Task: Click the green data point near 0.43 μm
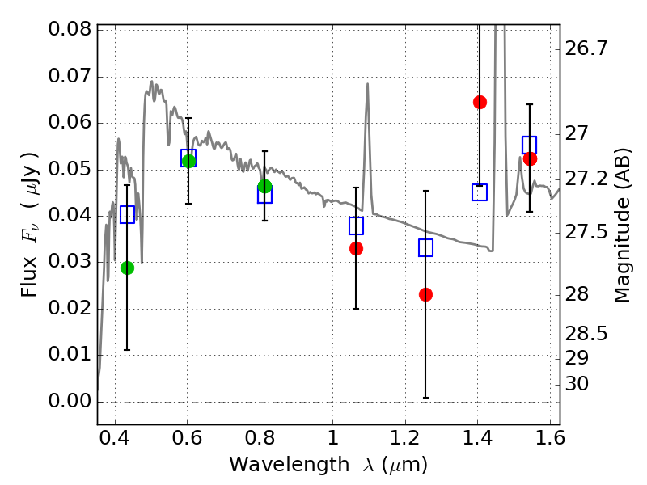click(128, 268)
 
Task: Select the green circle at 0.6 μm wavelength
click(188, 161)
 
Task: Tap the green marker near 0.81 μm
click(265, 187)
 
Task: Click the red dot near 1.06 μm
click(356, 249)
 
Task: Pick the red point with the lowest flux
click(425, 294)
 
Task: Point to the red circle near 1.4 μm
click(480, 103)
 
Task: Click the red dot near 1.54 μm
click(530, 158)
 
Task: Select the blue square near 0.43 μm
click(128, 214)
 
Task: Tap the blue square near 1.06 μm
click(356, 226)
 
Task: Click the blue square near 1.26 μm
click(425, 247)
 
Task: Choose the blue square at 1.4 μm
click(480, 192)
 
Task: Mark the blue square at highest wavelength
click(530, 145)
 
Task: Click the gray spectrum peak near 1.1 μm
click(367, 84)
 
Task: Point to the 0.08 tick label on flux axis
click(70, 29)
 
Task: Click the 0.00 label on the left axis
click(70, 401)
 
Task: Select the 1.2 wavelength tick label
click(405, 438)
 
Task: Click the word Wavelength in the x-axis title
click(290, 465)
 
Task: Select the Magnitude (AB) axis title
click(622, 226)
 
